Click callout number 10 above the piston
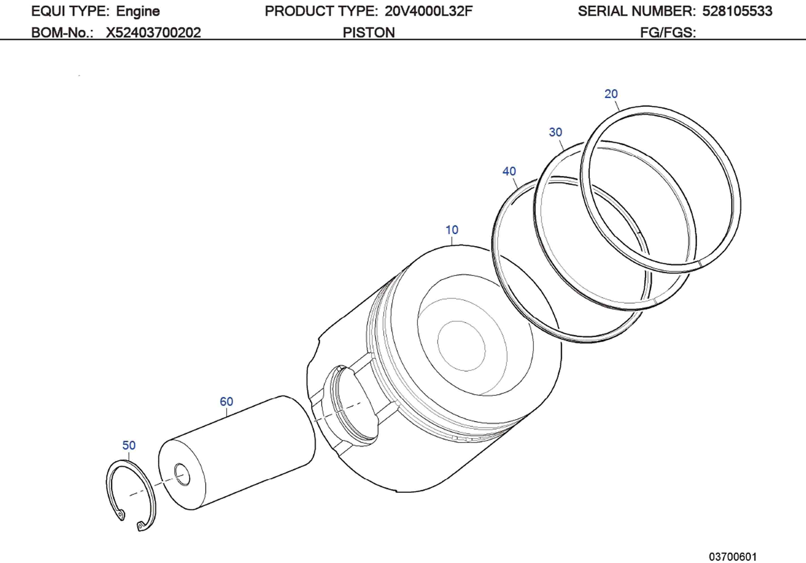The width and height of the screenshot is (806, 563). coord(452,230)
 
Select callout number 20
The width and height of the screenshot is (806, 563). coord(611,94)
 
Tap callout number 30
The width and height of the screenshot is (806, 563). coord(555,132)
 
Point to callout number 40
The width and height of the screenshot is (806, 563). coord(509,171)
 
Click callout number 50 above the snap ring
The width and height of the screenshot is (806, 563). coord(129,445)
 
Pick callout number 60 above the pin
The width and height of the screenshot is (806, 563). coord(227,401)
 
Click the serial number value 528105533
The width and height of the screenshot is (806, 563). coord(737,12)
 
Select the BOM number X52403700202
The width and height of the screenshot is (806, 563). coord(153,33)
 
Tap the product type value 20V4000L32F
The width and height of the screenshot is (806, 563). coord(428,12)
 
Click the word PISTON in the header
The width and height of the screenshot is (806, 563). coord(369,33)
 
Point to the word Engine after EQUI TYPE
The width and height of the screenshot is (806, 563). coord(138,12)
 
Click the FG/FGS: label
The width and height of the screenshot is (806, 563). coord(668,33)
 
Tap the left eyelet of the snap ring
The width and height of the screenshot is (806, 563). coord(120,515)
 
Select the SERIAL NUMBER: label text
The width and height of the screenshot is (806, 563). coord(636,12)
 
